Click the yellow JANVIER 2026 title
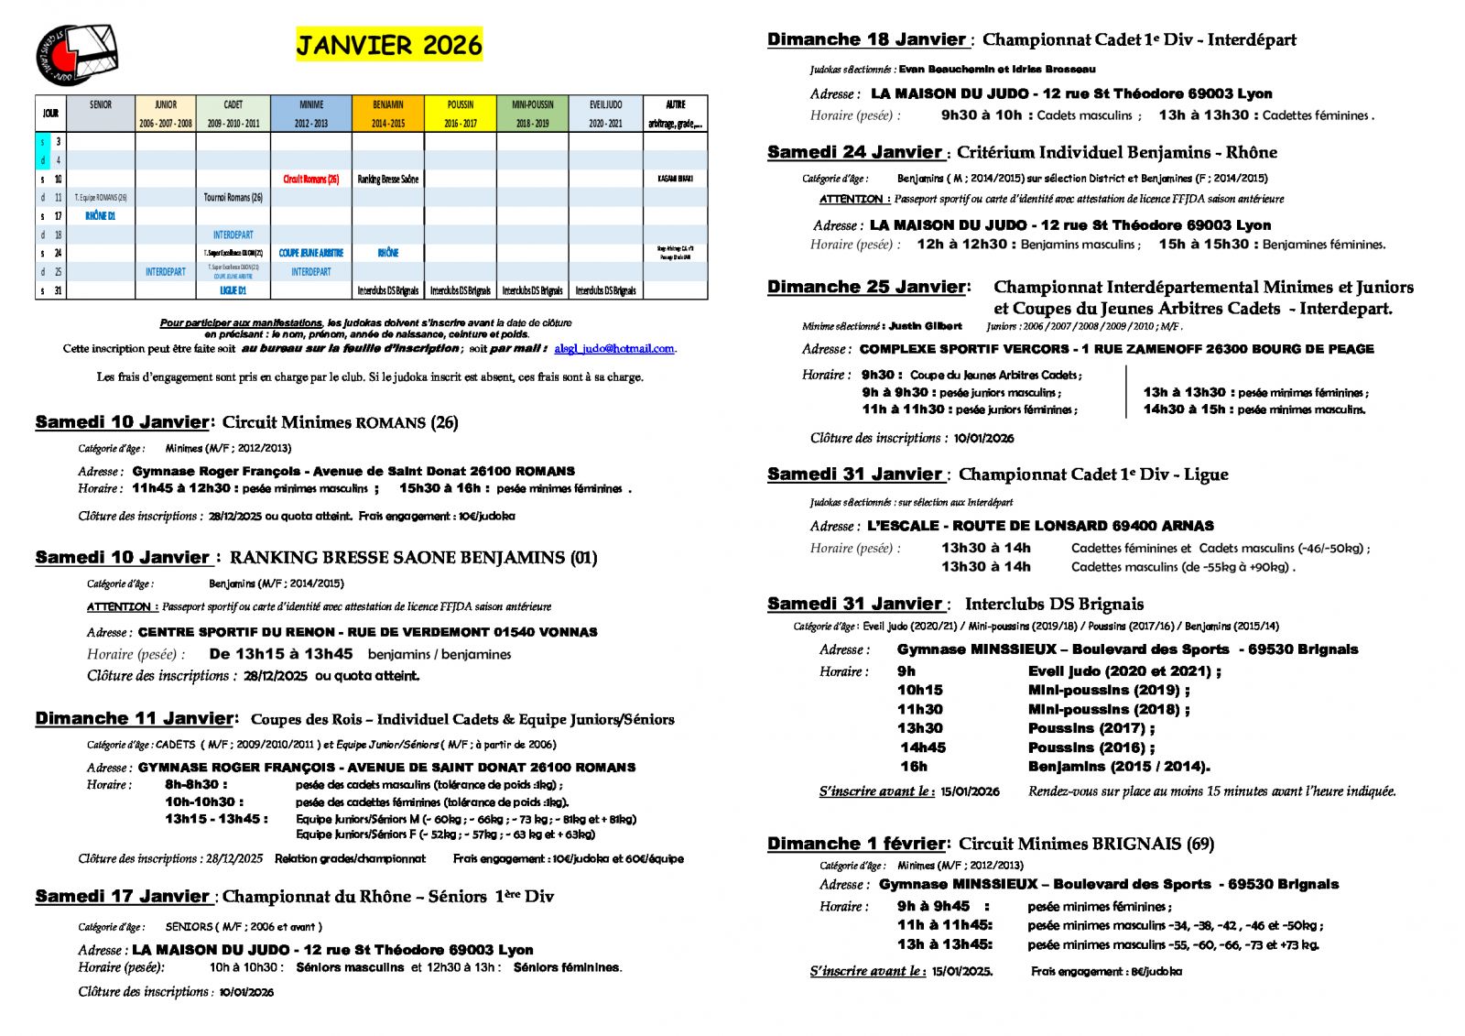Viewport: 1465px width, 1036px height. tap(388, 45)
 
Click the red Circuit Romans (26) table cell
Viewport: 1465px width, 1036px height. tap(310, 179)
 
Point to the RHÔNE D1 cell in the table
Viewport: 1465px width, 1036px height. tap(100, 216)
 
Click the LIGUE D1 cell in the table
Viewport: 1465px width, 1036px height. tap(233, 290)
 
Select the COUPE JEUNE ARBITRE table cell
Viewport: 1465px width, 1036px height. tap(310, 253)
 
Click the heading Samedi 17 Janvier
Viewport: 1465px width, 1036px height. tap(122, 897)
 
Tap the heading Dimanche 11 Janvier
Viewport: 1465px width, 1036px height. tap(134, 719)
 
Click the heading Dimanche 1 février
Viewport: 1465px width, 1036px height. tap(856, 844)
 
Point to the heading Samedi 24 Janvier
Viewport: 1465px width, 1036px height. tap(854, 152)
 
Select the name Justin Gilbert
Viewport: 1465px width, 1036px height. tap(925, 326)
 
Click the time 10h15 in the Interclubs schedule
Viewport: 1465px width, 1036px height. tap(919, 690)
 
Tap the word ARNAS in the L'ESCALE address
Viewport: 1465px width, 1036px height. tap(1187, 526)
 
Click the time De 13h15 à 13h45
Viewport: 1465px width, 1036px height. tap(280, 654)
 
